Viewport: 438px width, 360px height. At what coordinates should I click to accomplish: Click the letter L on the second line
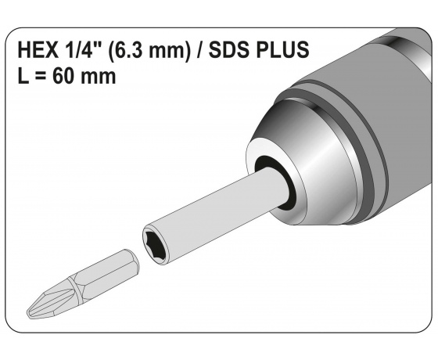(x=21, y=77)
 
